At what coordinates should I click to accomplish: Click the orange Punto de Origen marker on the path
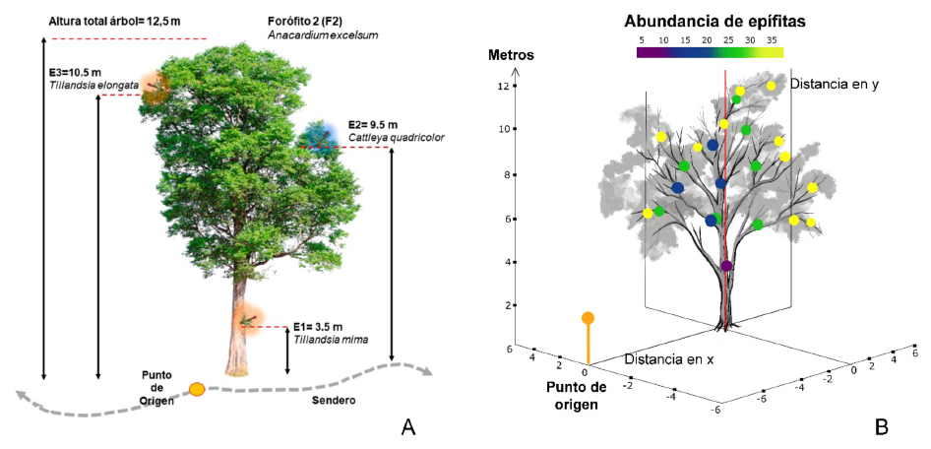point(197,389)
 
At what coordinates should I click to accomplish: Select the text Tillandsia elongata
point(93,86)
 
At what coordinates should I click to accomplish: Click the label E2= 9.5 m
point(373,125)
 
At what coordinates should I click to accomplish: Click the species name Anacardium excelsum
point(323,34)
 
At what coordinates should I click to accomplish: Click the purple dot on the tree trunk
point(726,266)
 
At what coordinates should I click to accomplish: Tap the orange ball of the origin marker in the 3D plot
point(588,318)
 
